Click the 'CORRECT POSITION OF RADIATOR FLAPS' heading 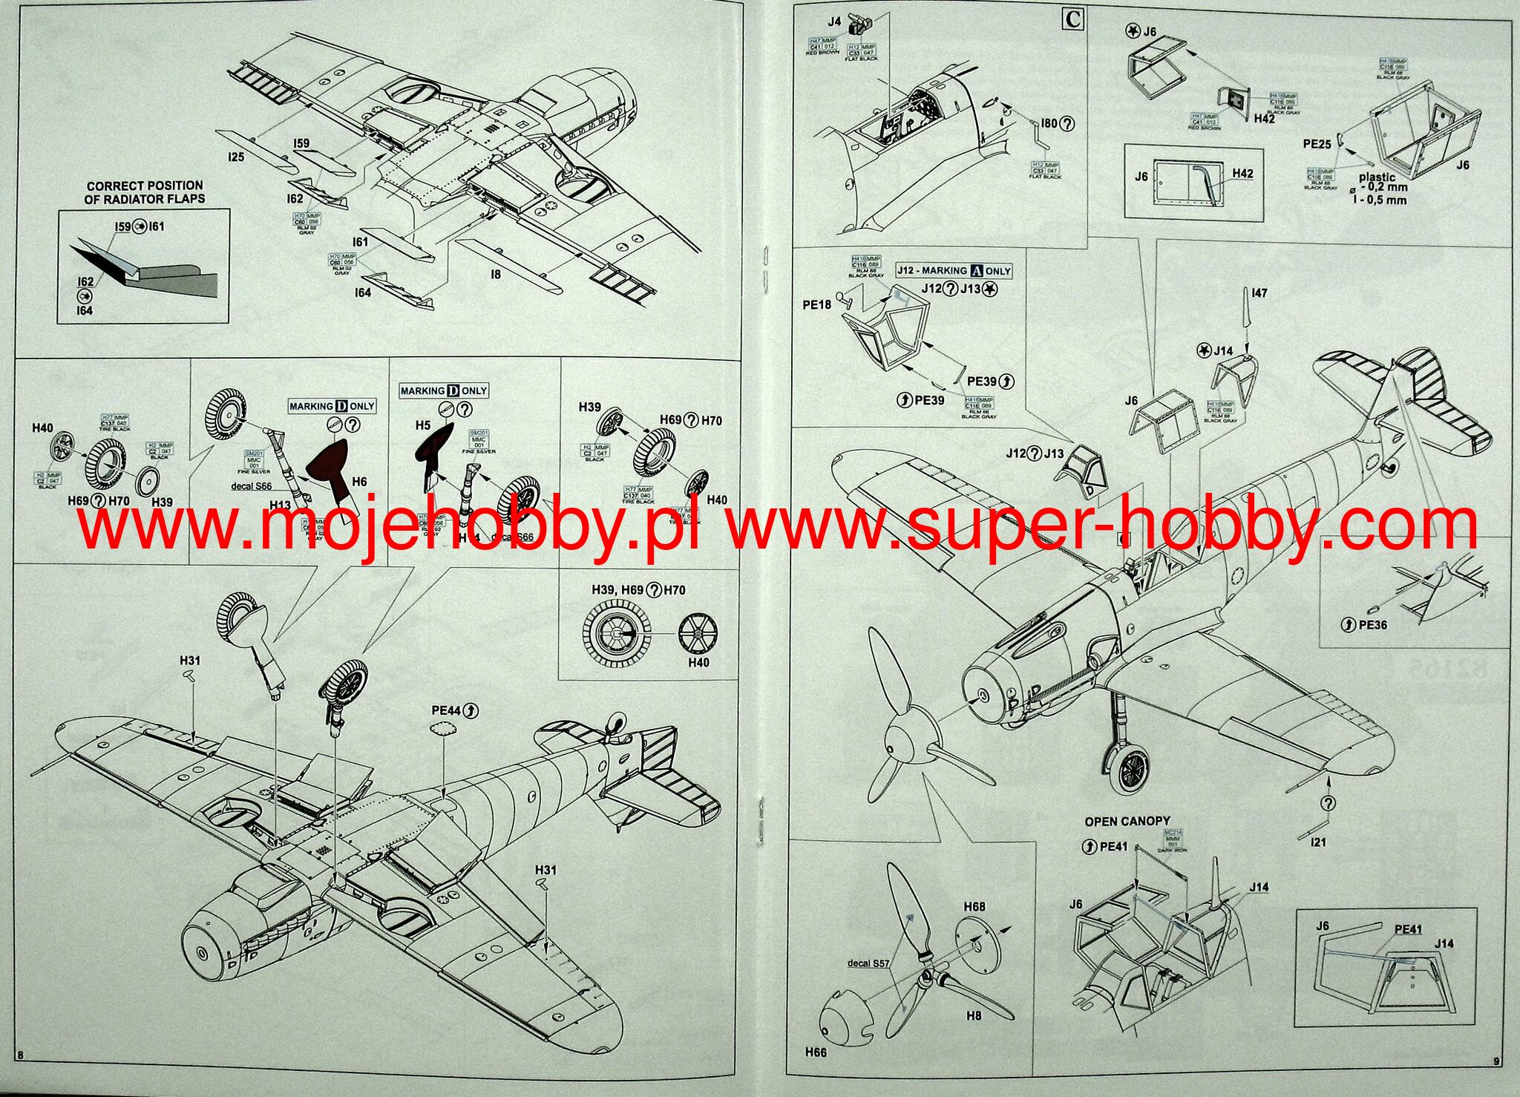145,192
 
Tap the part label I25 236,157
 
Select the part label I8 495,274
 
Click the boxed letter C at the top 1073,19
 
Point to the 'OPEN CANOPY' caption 1127,822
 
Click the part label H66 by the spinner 816,1052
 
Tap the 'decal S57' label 868,963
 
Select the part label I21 1318,842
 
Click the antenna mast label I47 1259,293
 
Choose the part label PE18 817,304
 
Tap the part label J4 835,22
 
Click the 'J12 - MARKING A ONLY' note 954,271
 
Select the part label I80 1049,123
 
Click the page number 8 20,1055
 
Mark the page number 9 1496,1061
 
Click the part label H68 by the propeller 974,907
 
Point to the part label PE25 1317,144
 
